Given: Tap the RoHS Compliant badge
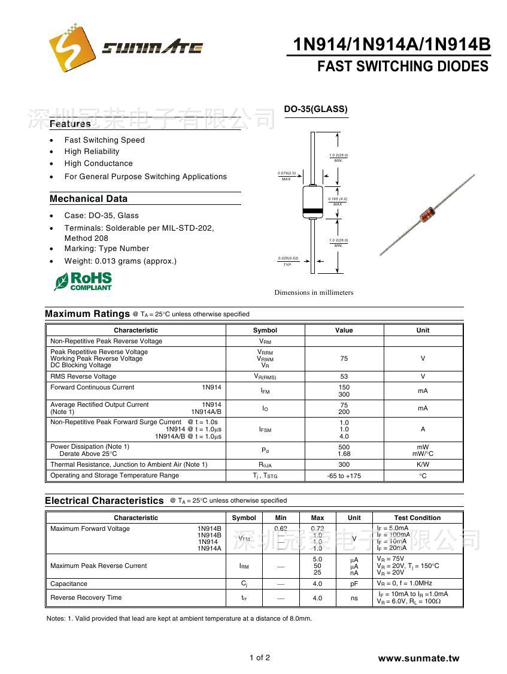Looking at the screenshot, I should (83, 281).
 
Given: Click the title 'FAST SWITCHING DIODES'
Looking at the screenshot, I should (402, 67).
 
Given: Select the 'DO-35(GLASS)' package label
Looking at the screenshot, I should (315, 109).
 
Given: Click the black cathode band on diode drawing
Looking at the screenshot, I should (312, 211).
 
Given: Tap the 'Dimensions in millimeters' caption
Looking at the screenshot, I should (314, 292).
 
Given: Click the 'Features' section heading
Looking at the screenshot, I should (70, 124).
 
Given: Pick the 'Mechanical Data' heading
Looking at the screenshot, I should (89, 199).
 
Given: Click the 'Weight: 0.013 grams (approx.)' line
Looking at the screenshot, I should (120, 261).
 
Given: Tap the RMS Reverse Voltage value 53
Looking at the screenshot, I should (344, 376).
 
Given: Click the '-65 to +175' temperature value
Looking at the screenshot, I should (344, 476).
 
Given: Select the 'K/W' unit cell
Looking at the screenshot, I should (423, 464).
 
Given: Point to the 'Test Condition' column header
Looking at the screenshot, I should (417, 518).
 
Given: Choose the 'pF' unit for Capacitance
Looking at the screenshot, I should (354, 584).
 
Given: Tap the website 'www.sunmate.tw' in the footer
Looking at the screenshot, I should (418, 658).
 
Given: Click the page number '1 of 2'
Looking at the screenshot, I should (260, 658).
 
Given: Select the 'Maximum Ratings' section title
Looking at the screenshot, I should (87, 314).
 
